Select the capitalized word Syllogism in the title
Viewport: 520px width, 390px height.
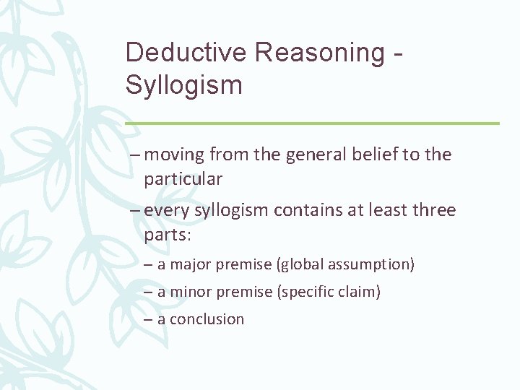pos(183,84)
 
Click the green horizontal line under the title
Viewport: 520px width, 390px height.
pos(312,123)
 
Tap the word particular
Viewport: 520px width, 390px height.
pos(183,178)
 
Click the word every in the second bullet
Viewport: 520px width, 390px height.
pos(165,211)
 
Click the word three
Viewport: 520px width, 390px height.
pos(433,211)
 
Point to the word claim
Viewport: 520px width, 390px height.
pos(360,292)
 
